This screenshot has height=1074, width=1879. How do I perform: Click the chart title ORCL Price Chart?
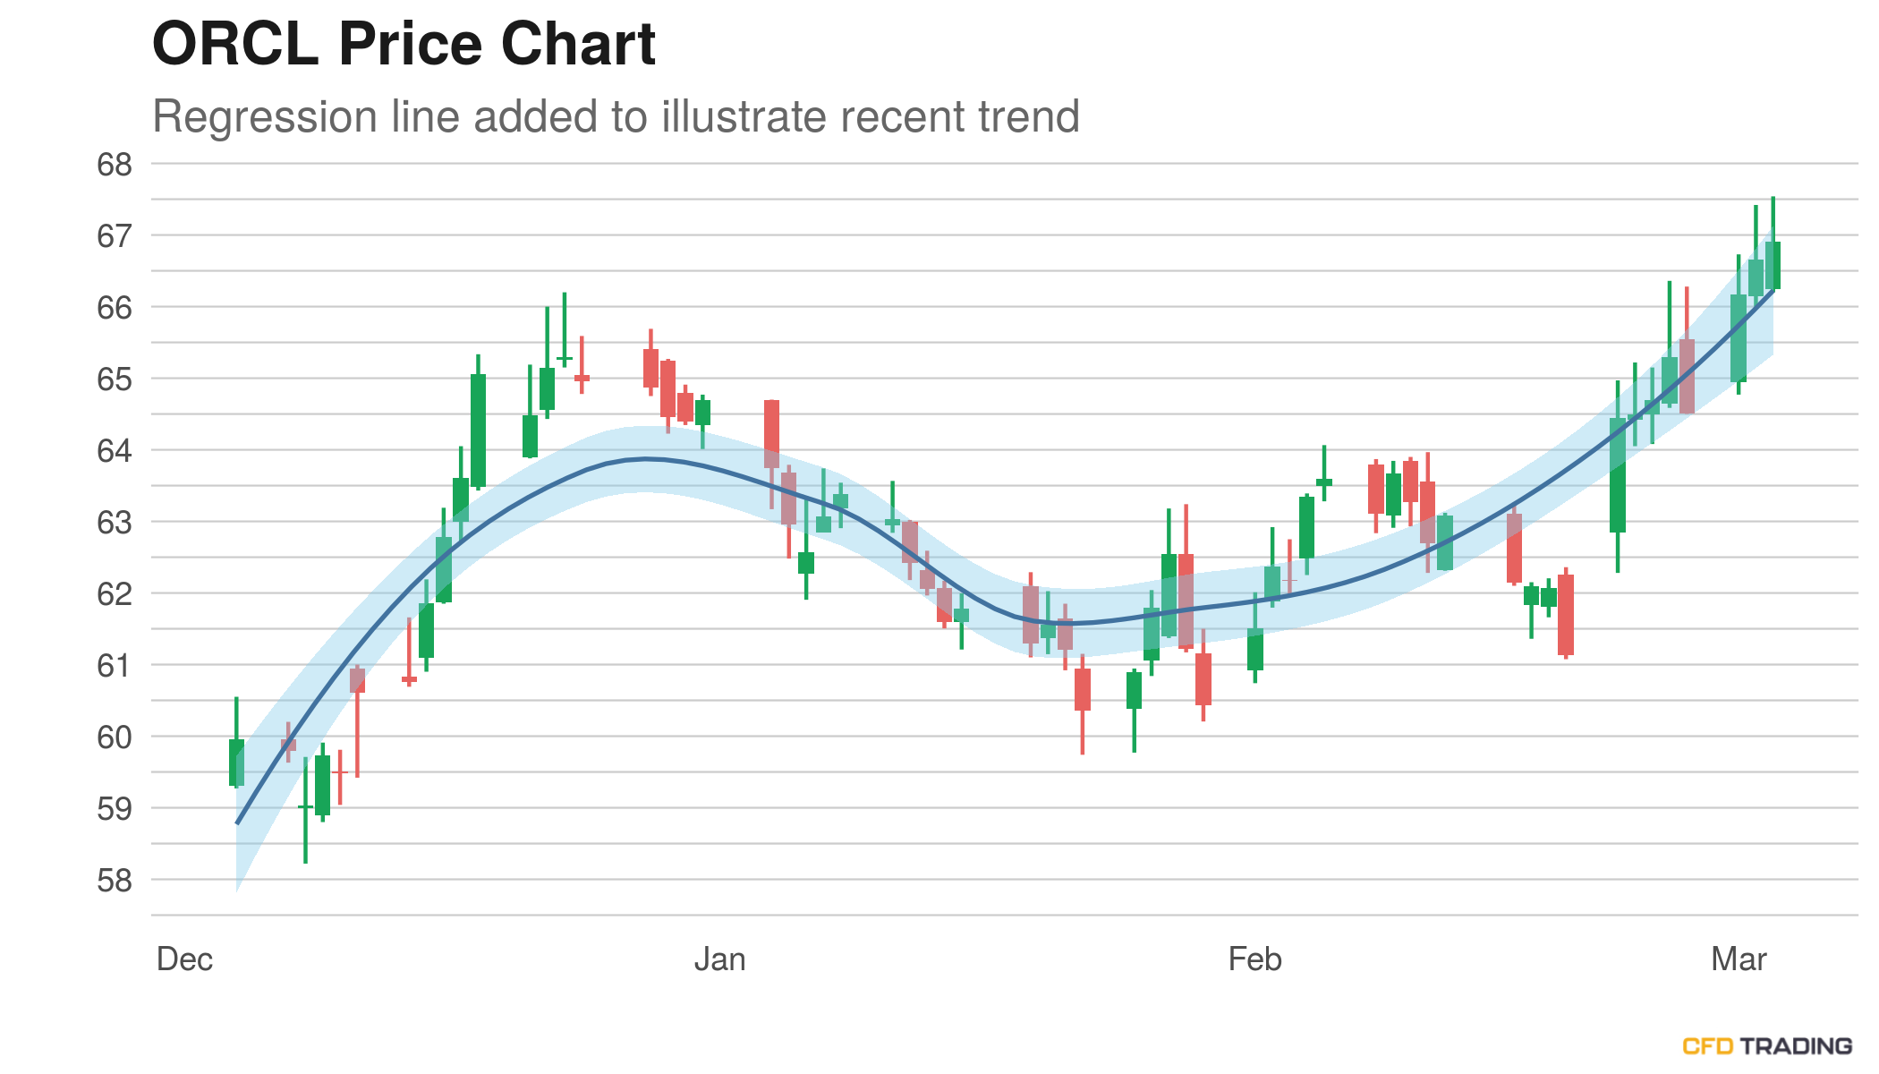coord(404,43)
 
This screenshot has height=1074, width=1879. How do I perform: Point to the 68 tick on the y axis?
coord(115,165)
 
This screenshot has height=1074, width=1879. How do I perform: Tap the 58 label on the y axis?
coord(115,881)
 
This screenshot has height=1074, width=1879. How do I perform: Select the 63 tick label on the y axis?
coord(115,523)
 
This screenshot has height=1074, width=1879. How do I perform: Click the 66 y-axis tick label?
coord(115,308)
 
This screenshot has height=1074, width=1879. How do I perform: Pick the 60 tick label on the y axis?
coord(115,737)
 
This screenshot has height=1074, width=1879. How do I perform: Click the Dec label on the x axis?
coord(184,959)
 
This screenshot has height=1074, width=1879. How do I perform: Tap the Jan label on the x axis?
coord(719,959)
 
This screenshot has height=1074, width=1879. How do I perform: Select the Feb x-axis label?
coord(1254,959)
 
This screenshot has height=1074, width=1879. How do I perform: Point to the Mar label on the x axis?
coord(1739,959)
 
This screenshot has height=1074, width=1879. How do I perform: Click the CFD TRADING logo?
coord(1767,1045)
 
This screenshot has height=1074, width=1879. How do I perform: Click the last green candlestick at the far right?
coord(1773,265)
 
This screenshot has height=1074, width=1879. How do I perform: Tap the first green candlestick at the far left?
coord(236,763)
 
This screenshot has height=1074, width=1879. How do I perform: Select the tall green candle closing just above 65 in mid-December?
coord(478,430)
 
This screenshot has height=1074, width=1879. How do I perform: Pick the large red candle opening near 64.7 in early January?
coord(771,434)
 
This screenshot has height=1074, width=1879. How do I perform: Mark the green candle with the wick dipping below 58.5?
coord(305,806)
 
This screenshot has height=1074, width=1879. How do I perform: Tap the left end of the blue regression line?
coord(237,823)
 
